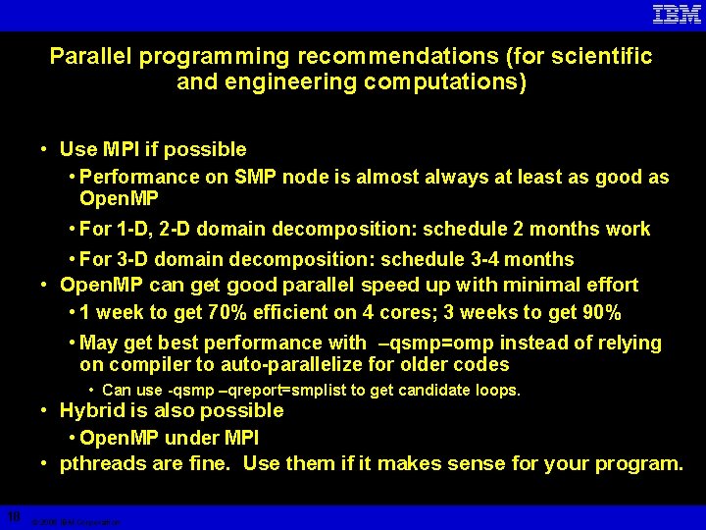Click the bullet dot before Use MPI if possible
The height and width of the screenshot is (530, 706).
[45, 150]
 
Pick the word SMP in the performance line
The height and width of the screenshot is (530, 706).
[253, 178]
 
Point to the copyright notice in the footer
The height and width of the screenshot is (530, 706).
[76, 523]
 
